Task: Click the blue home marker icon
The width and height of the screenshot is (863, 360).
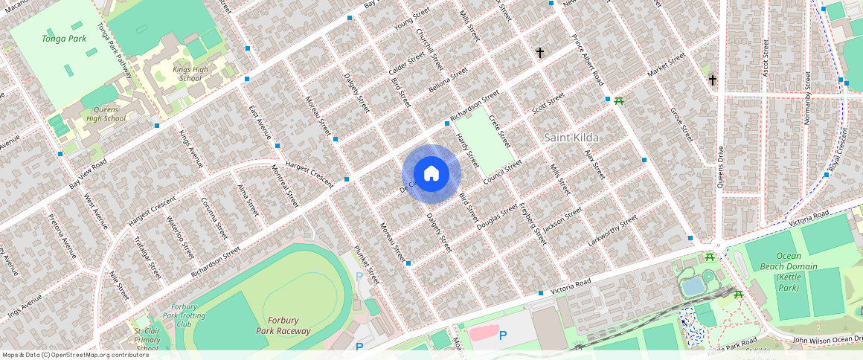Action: pos(431,174)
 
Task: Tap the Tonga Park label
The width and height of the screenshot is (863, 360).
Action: pos(64,38)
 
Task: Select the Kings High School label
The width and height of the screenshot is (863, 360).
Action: pos(187,74)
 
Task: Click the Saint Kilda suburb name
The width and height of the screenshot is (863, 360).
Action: pos(571,138)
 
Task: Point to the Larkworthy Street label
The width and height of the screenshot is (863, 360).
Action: pos(612,231)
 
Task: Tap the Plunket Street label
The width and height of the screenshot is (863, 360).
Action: pos(367,265)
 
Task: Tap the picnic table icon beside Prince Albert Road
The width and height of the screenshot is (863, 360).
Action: pos(618,101)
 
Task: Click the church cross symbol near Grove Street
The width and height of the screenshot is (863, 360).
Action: pos(712,80)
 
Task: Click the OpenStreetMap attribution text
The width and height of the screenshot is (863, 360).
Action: pos(75,355)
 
